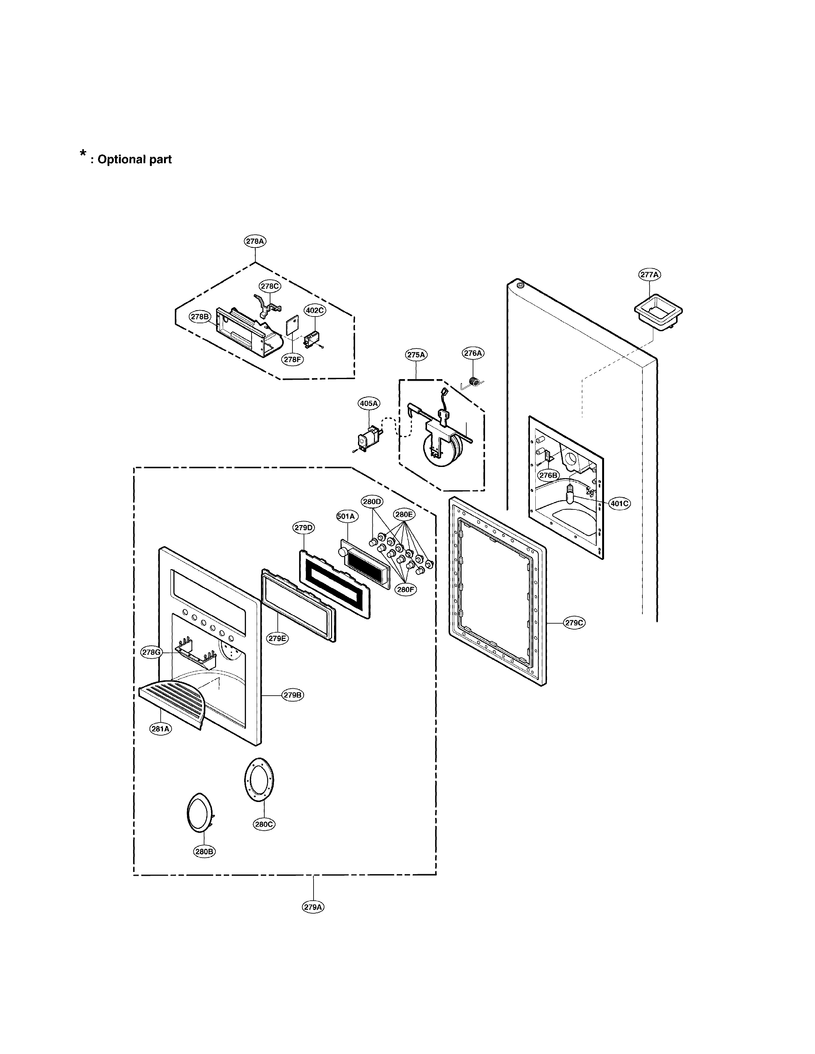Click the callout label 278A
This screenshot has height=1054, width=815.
coord(255,241)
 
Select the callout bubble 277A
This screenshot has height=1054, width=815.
coord(649,275)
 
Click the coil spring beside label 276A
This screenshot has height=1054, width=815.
coord(476,382)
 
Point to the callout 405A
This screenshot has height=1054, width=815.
coord(369,403)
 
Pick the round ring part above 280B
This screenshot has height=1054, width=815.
coord(199,813)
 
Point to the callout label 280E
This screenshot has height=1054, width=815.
coord(404,515)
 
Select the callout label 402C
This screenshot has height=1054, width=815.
coord(314,310)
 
